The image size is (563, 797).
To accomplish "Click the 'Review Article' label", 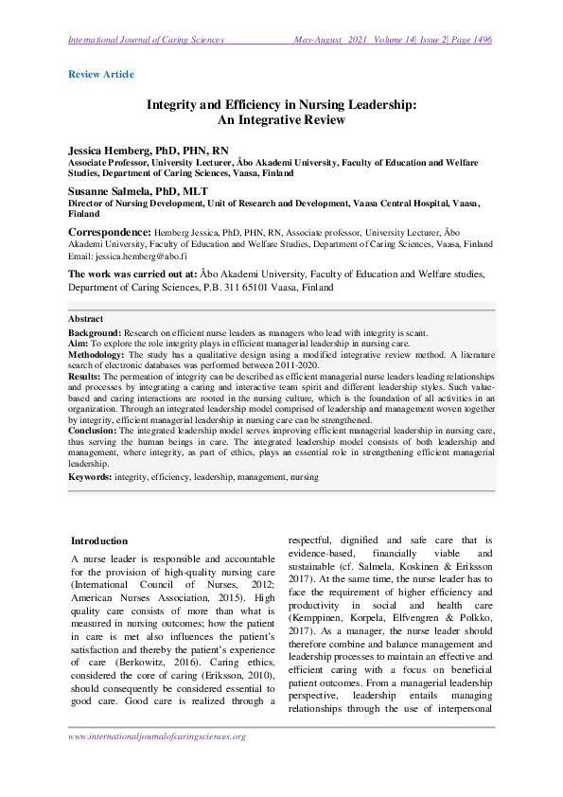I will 101,74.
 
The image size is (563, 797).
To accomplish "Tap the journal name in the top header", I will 146,40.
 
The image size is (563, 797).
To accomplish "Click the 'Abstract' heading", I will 86,319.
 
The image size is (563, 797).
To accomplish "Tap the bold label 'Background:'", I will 94,333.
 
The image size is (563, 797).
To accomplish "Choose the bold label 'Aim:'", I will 79,344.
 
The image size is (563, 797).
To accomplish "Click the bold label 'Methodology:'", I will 97,354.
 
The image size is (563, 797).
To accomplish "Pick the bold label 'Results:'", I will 86,375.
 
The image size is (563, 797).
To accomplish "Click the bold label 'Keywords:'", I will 90,478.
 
